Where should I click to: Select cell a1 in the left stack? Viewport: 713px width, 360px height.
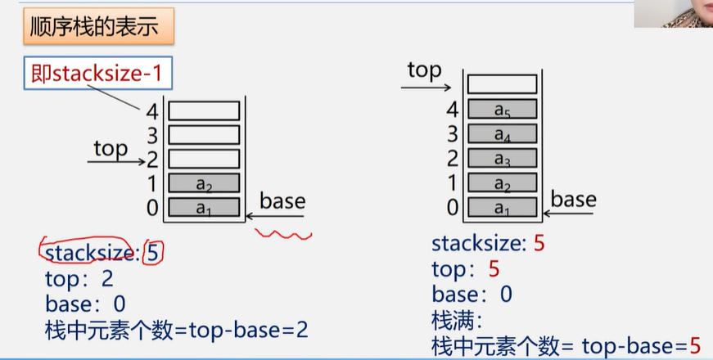204,207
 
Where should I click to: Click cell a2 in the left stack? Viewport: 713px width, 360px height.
204,182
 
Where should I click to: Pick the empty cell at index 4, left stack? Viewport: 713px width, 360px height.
204,110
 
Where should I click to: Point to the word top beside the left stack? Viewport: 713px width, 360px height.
111,149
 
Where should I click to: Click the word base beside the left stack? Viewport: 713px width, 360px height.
282,201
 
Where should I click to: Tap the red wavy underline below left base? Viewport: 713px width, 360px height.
283,236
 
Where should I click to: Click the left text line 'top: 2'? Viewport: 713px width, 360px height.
79,278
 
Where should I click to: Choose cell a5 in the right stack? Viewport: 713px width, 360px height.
502,109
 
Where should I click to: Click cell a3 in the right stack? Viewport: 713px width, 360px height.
502,157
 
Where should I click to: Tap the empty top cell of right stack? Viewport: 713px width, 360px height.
502,83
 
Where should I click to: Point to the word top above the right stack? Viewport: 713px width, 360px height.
423,70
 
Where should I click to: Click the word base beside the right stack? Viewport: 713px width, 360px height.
573,199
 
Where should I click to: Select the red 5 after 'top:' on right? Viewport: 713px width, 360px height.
494,268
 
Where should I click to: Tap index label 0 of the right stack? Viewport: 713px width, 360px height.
453,207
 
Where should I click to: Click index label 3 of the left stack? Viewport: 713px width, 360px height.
151,134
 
